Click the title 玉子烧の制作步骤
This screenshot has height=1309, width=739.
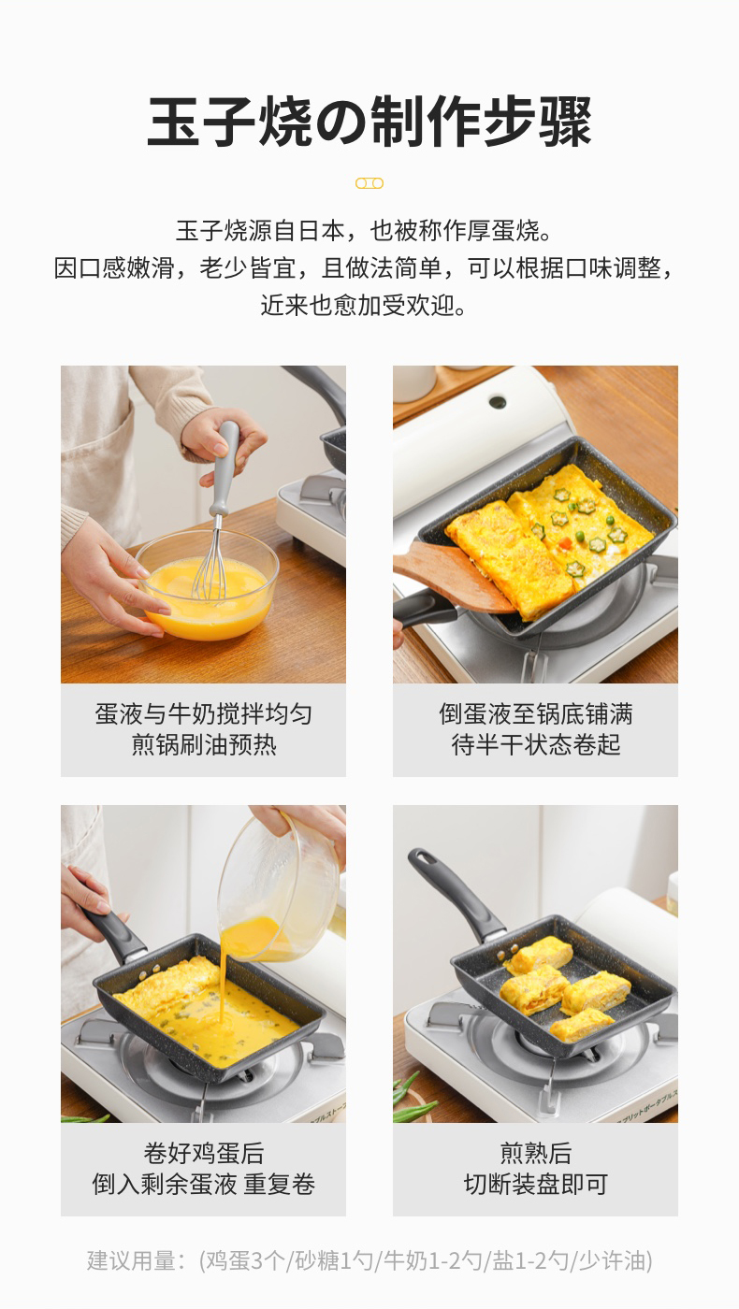[369, 122]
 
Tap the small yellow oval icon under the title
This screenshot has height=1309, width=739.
[369, 183]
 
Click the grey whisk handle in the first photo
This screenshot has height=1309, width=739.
[225, 467]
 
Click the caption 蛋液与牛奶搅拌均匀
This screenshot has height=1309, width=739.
[204, 714]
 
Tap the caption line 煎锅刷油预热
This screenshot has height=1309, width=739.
[204, 745]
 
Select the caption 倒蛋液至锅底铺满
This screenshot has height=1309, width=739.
[535, 714]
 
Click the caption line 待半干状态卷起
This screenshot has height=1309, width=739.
[535, 745]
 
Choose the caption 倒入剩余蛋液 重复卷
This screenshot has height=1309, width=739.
[204, 1185]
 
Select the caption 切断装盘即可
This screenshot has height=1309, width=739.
[535, 1185]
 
